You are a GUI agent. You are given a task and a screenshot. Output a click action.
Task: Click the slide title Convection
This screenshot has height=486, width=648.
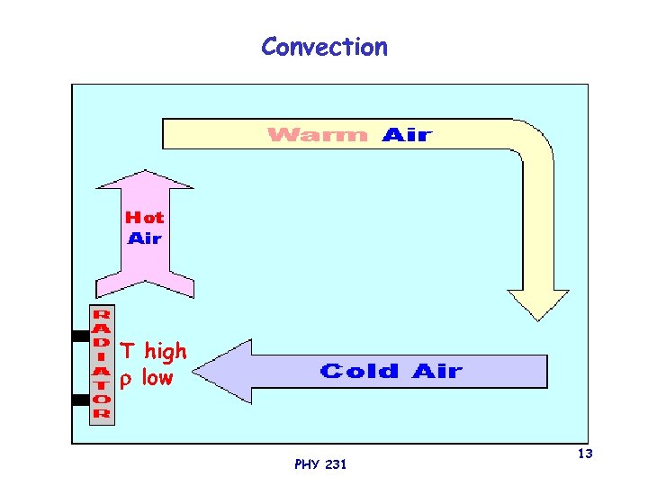click(x=324, y=47)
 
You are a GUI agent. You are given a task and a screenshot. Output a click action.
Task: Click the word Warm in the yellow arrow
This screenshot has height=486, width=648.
click(x=319, y=135)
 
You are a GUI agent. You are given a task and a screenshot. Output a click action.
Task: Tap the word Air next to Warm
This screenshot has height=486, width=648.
click(x=407, y=135)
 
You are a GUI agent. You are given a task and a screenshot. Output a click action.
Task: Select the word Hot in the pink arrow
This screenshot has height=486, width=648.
click(x=144, y=218)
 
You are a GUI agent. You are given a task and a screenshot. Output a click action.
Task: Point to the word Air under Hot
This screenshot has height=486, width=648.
click(x=144, y=238)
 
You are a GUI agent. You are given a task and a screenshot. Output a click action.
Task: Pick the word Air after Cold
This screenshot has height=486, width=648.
click(x=437, y=371)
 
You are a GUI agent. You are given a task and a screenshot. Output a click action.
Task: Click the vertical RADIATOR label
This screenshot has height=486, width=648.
click(x=102, y=364)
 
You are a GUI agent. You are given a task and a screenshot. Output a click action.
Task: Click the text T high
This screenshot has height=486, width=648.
click(x=154, y=350)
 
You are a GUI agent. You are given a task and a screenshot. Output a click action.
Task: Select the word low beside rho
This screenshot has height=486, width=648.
click(x=157, y=378)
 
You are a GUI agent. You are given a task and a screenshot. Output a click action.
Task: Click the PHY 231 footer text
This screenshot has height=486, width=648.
click(x=319, y=464)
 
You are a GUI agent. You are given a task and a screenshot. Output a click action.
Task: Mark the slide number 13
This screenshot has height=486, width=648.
click(x=585, y=454)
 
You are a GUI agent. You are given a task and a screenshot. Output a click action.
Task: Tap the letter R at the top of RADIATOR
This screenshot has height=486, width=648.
click(x=102, y=315)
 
